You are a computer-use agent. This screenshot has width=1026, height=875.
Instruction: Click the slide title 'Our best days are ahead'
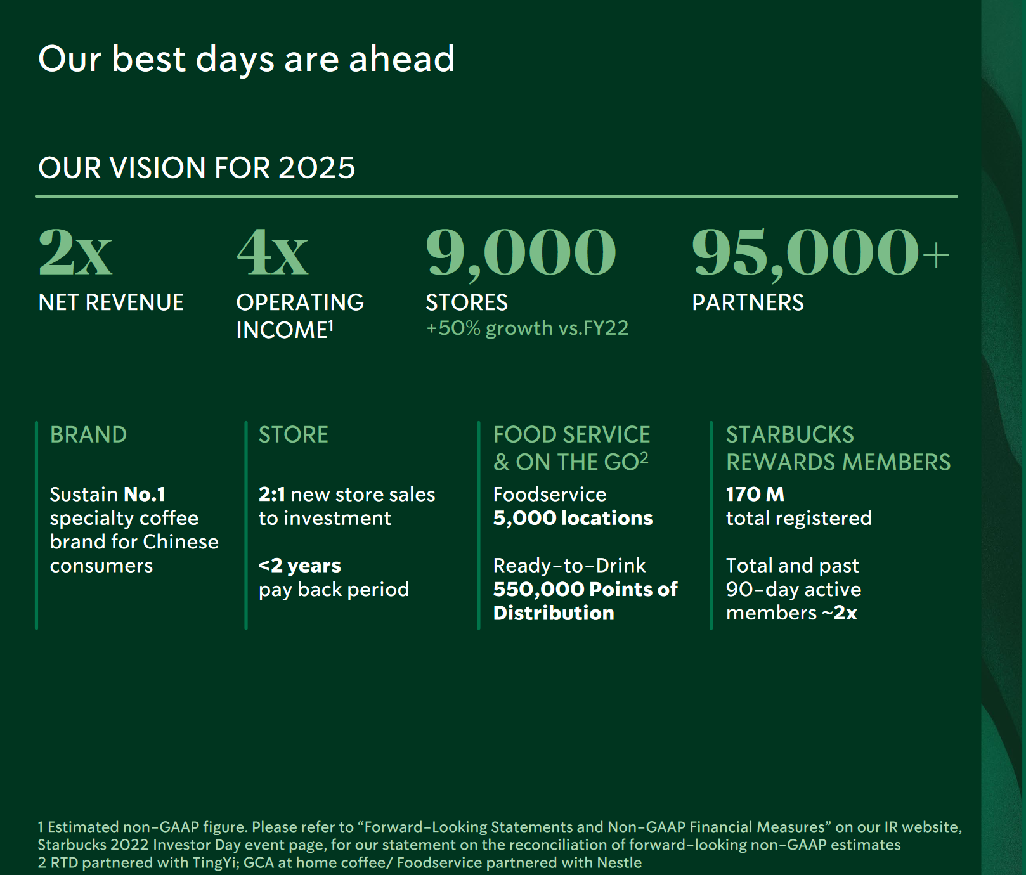[x=246, y=59]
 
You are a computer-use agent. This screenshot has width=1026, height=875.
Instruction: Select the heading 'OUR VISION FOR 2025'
[x=197, y=168]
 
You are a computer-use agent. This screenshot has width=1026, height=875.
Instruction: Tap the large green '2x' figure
[x=75, y=252]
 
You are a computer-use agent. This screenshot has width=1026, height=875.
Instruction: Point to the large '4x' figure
[x=273, y=252]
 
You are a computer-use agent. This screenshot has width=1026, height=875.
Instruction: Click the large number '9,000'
[x=521, y=253]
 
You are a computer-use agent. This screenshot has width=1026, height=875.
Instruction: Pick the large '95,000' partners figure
[x=805, y=253]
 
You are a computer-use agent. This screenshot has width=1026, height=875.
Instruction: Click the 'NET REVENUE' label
[x=111, y=302]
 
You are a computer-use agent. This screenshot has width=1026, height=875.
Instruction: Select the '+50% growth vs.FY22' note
[x=528, y=328]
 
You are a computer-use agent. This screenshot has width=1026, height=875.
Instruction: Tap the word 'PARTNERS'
[x=748, y=302]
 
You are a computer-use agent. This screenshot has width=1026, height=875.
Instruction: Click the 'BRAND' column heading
[x=88, y=435]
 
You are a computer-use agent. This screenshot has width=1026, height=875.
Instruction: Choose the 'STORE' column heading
[x=293, y=435]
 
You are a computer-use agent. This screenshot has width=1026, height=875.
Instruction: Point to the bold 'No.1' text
[x=145, y=494]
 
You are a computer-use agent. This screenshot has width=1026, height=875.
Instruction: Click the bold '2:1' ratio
[x=271, y=494]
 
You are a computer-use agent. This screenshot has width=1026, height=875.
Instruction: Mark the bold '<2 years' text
[x=299, y=565]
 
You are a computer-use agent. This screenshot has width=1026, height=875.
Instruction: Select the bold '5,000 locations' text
[x=573, y=518]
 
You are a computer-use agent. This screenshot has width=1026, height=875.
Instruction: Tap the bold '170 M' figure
[x=755, y=494]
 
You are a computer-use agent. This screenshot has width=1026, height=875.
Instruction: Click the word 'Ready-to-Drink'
[x=569, y=565]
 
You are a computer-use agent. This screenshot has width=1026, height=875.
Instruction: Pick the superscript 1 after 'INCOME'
[x=331, y=325]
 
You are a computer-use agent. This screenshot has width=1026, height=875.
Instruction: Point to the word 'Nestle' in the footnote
[x=622, y=862]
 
